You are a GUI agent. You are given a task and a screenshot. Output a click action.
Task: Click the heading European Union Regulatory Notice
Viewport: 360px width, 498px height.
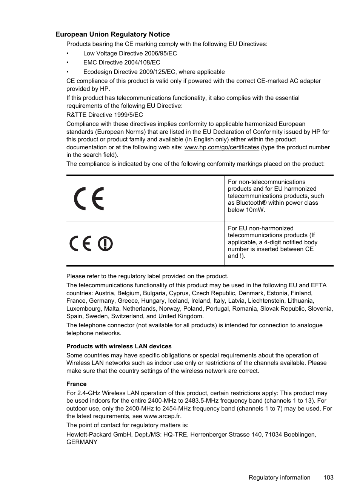click(x=112, y=34)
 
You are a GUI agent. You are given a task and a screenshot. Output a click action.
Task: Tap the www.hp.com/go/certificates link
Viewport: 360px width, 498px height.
click(x=222, y=147)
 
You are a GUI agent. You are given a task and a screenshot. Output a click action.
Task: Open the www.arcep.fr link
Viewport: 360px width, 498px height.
click(x=162, y=416)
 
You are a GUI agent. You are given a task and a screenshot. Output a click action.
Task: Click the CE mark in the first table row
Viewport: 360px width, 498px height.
click(x=89, y=199)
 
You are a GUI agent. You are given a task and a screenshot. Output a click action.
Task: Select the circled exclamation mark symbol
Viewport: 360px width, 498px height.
click(x=105, y=244)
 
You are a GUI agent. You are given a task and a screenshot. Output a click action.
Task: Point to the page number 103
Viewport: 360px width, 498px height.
click(x=328, y=477)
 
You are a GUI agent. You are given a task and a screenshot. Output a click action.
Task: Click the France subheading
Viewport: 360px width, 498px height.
click(x=76, y=384)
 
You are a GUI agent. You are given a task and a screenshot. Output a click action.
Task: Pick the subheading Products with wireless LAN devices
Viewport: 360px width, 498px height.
click(x=119, y=346)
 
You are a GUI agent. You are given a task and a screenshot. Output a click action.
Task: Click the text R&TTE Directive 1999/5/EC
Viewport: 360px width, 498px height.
click(x=105, y=115)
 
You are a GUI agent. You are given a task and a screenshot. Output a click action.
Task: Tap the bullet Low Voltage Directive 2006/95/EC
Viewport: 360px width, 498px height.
click(x=130, y=54)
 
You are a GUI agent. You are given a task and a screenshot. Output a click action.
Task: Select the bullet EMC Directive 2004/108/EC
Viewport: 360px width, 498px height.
click(x=122, y=63)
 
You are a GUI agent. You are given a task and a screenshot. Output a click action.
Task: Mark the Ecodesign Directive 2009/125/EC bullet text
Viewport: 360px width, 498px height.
click(x=154, y=72)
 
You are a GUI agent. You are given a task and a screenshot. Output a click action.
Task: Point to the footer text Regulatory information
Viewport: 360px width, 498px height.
click(x=279, y=477)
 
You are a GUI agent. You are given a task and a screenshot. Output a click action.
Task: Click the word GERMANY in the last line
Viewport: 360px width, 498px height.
click(x=82, y=442)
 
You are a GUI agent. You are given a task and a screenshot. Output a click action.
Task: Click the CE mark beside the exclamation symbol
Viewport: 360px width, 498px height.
click(x=80, y=244)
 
